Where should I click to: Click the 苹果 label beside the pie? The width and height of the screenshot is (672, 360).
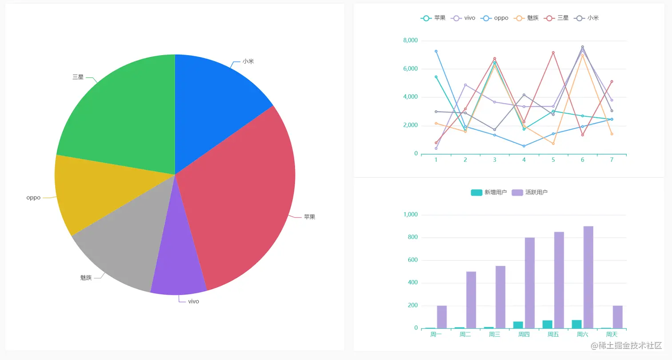(309, 217)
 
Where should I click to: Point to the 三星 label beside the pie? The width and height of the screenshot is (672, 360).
(78, 77)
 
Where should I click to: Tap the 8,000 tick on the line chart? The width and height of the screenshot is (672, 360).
(410, 41)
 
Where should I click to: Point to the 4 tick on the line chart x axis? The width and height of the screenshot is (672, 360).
(524, 160)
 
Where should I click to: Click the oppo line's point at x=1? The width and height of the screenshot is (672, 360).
(436, 51)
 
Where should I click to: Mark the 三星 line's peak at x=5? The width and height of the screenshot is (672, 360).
(553, 52)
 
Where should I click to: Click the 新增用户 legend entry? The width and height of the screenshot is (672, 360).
(489, 192)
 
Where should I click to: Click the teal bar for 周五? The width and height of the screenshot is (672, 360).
(547, 324)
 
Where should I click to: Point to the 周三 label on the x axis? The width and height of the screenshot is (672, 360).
(495, 335)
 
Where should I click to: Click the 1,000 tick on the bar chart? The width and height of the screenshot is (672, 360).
(410, 215)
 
